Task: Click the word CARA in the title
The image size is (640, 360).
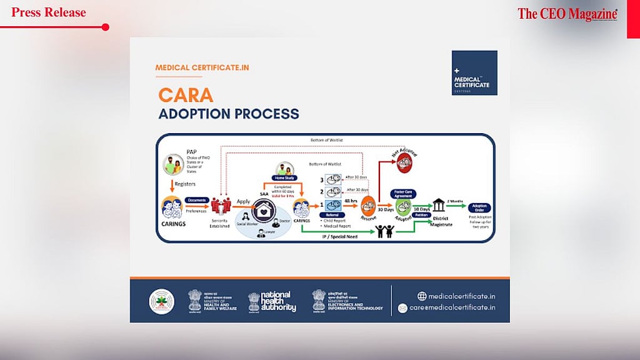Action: (186, 95)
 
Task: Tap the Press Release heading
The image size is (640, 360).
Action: (49, 12)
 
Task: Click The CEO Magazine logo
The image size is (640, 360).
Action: (567, 14)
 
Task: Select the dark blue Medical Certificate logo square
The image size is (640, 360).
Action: (474, 72)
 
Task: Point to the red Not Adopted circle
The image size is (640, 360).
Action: (404, 162)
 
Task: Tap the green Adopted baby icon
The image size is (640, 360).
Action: (404, 208)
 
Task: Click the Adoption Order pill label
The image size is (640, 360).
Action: (480, 207)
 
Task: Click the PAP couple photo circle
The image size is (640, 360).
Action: (173, 165)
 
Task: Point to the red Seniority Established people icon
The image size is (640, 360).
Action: (220, 206)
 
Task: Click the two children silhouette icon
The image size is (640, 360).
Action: (384, 231)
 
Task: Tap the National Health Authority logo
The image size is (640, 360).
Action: (272, 302)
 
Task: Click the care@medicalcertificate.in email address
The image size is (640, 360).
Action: (452, 307)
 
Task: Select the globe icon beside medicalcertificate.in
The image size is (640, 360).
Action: (404, 296)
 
